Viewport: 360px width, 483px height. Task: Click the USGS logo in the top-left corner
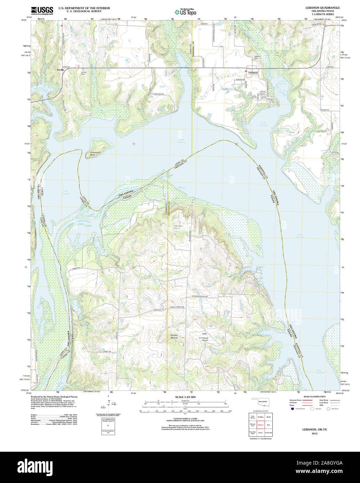(x=42, y=10)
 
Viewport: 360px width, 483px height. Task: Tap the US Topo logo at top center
(x=185, y=12)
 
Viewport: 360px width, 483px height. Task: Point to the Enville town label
(x=61, y=70)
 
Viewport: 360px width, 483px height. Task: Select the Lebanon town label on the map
(x=253, y=73)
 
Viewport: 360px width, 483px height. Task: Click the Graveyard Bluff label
(x=95, y=153)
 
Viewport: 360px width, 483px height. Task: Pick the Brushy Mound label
(x=174, y=336)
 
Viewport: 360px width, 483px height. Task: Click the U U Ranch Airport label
(x=203, y=339)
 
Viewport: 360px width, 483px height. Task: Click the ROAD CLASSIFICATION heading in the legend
(x=314, y=396)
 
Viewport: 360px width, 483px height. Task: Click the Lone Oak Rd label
(x=158, y=94)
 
